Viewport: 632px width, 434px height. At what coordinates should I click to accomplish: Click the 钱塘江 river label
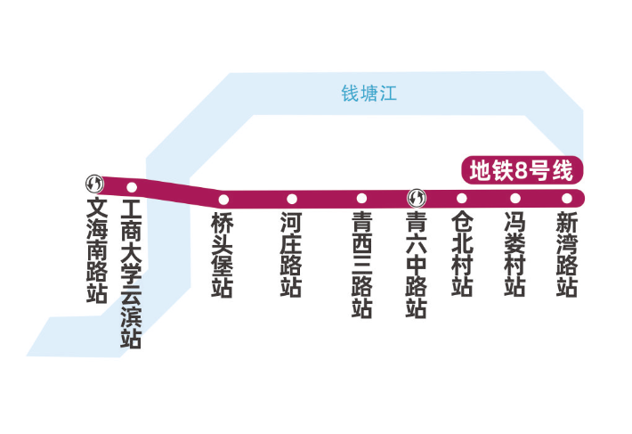tap(369, 94)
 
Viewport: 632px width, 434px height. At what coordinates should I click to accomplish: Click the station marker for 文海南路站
tap(94, 184)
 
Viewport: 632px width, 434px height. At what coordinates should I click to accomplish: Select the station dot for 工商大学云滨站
tap(132, 187)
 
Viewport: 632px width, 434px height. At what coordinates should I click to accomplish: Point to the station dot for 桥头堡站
tap(223, 199)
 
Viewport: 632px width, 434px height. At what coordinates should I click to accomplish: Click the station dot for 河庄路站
tap(291, 198)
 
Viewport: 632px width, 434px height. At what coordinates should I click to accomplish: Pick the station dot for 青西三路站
tap(361, 198)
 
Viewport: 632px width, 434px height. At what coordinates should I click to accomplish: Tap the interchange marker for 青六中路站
tap(416, 197)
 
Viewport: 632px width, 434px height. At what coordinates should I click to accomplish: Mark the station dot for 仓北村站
tap(461, 198)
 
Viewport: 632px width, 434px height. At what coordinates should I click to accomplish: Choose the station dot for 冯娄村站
tap(515, 198)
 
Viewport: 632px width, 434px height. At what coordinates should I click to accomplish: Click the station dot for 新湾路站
tap(566, 198)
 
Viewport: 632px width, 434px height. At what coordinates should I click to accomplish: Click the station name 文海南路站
tap(96, 251)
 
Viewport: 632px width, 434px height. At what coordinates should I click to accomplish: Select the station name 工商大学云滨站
tap(132, 275)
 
